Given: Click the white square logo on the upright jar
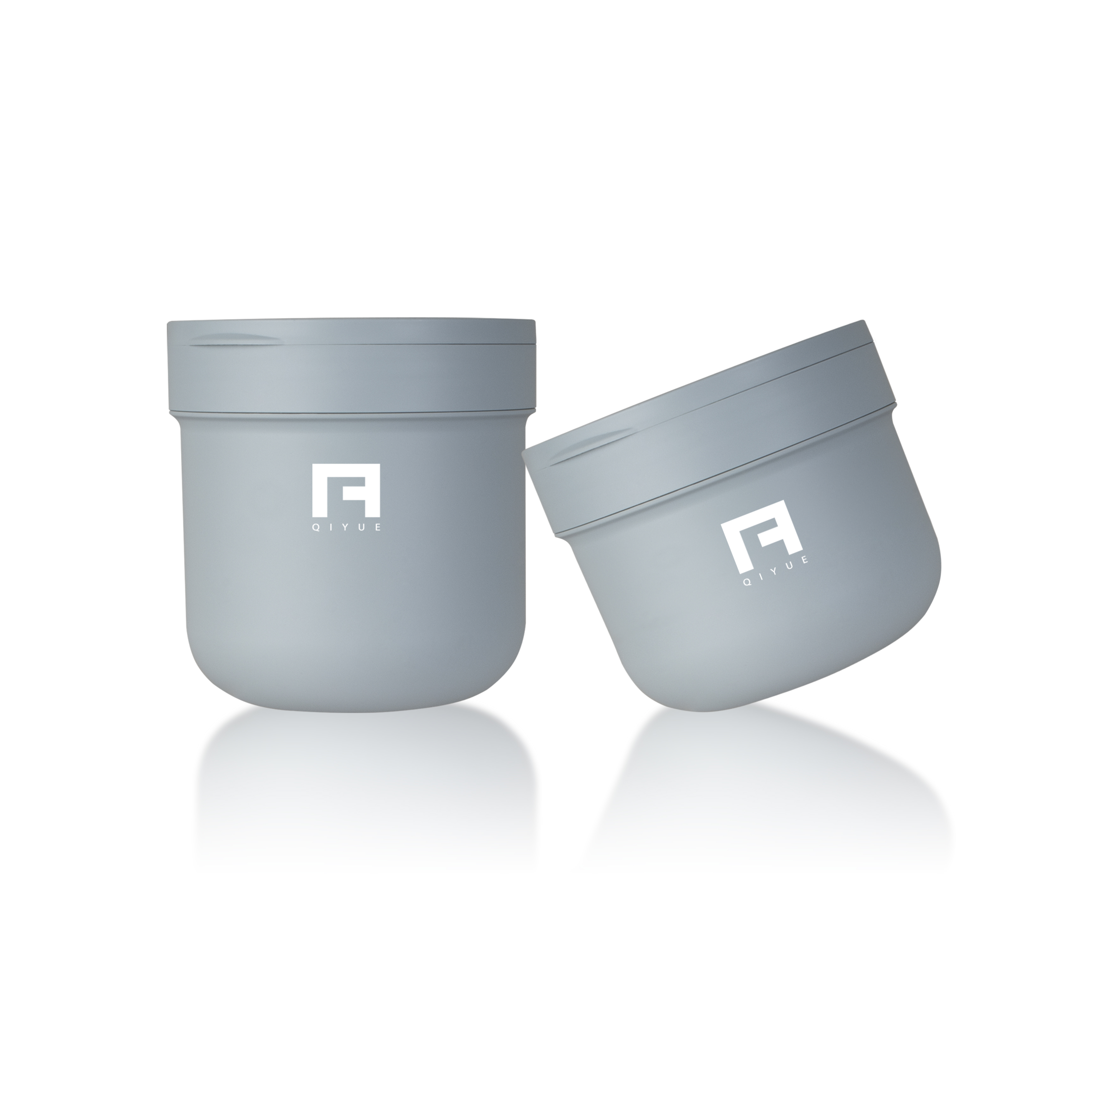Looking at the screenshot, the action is [346, 489].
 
